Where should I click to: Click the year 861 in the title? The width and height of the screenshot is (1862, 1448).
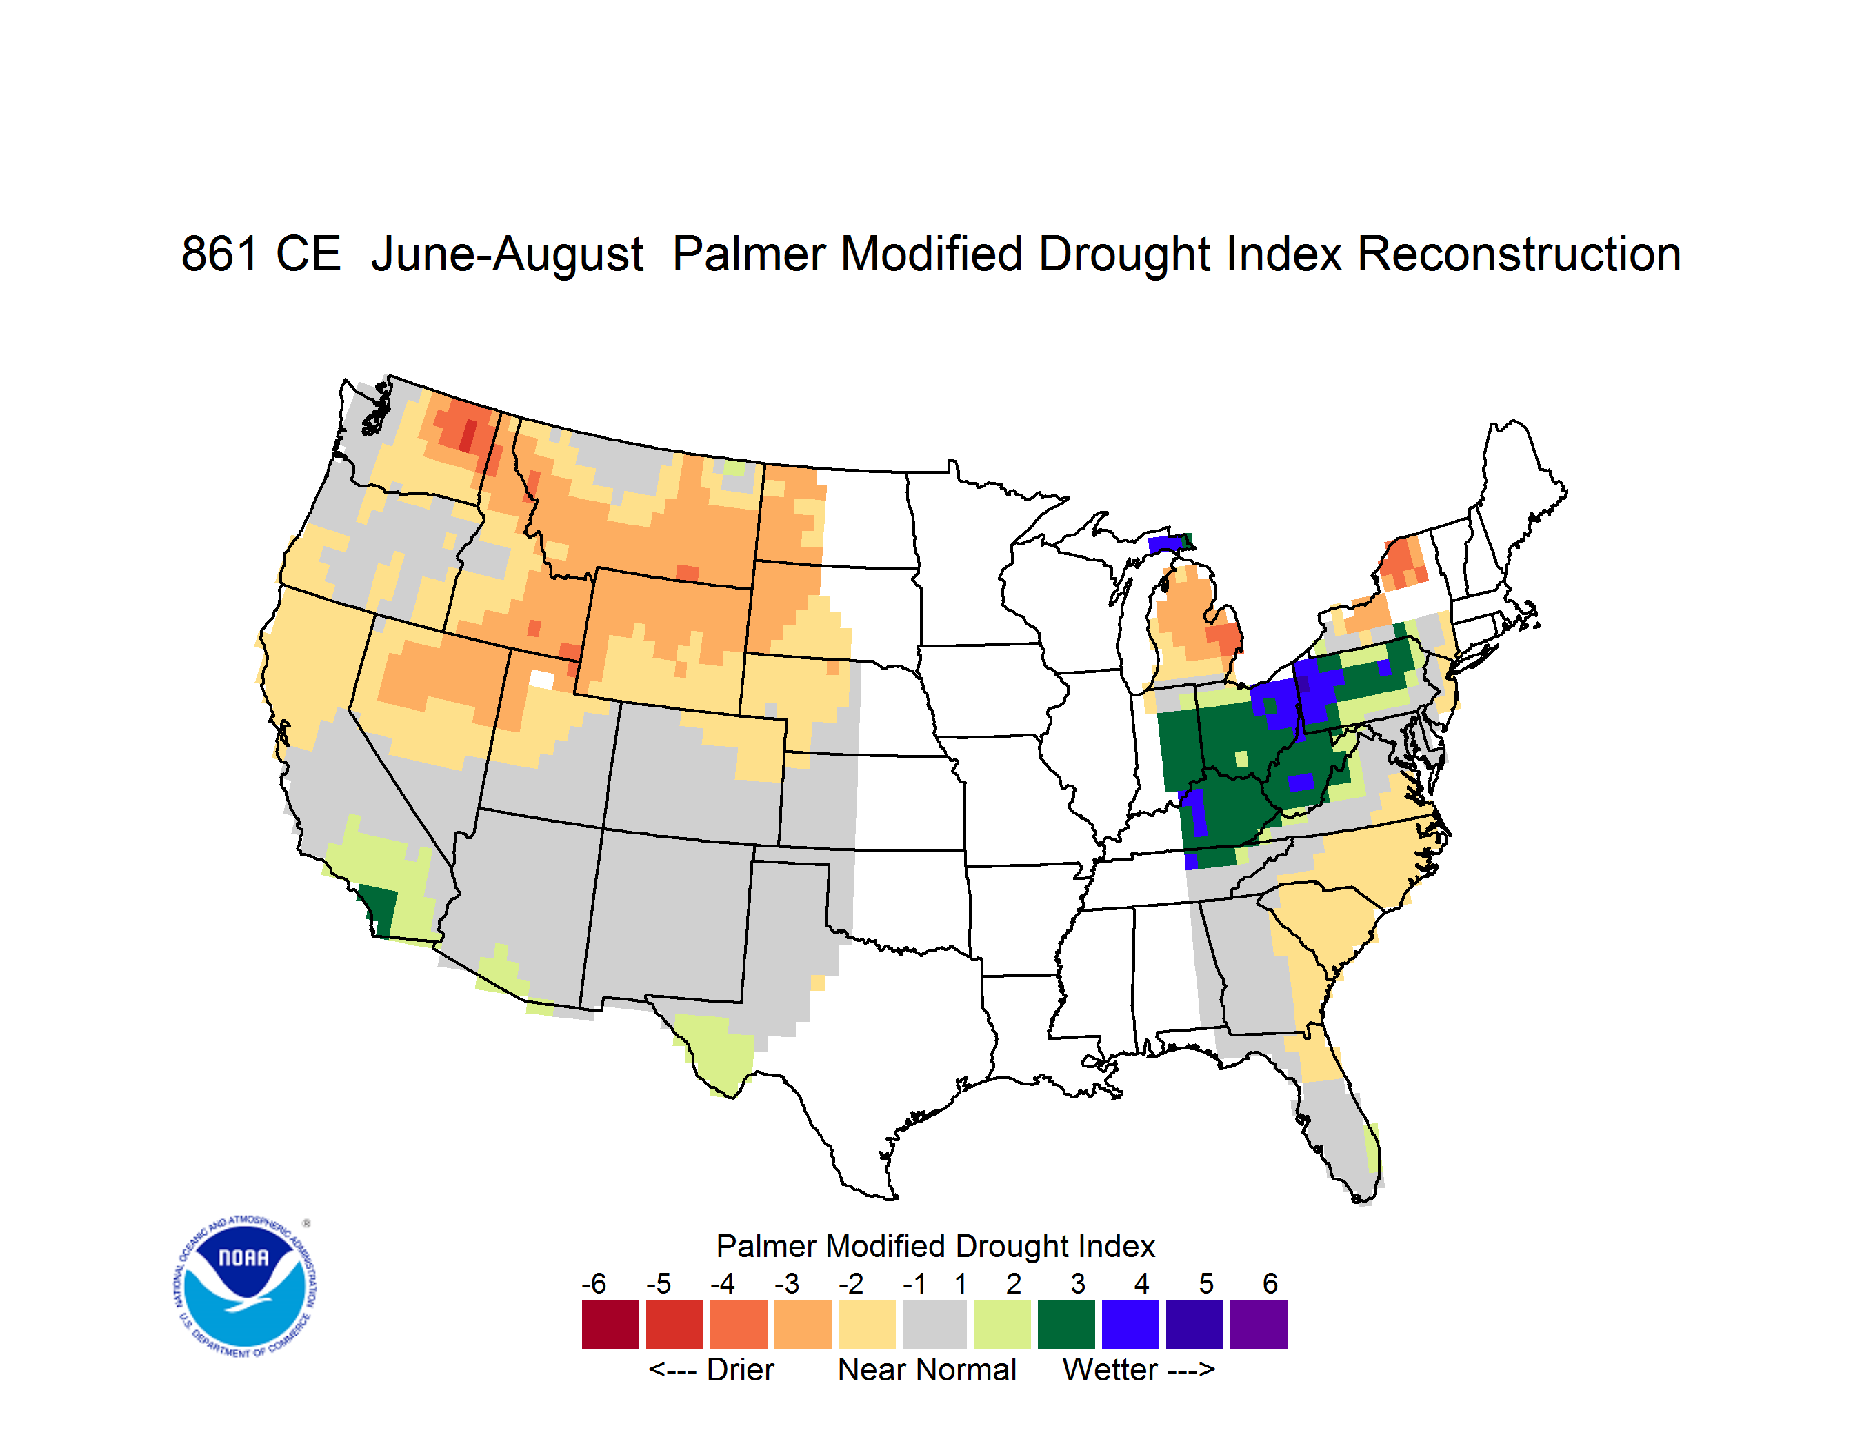[219, 254]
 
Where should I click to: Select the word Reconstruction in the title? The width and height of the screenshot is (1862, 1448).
[1519, 254]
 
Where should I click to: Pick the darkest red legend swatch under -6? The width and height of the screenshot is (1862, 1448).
[610, 1325]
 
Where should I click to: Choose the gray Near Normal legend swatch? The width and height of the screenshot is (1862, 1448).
[934, 1325]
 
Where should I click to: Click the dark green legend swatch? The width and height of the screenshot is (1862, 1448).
[1065, 1325]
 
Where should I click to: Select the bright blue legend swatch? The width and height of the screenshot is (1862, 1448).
[1130, 1325]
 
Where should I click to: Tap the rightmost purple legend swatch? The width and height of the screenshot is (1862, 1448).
[1259, 1325]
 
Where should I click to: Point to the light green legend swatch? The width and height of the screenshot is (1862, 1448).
[1002, 1325]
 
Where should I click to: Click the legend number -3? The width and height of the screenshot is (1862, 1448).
[787, 1283]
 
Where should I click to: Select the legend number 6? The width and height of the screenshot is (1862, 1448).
[1270, 1283]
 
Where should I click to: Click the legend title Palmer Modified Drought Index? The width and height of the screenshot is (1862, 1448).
[935, 1246]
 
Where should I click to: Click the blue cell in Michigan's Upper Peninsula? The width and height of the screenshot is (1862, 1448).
[1165, 544]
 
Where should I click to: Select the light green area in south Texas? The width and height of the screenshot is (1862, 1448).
[714, 1052]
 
